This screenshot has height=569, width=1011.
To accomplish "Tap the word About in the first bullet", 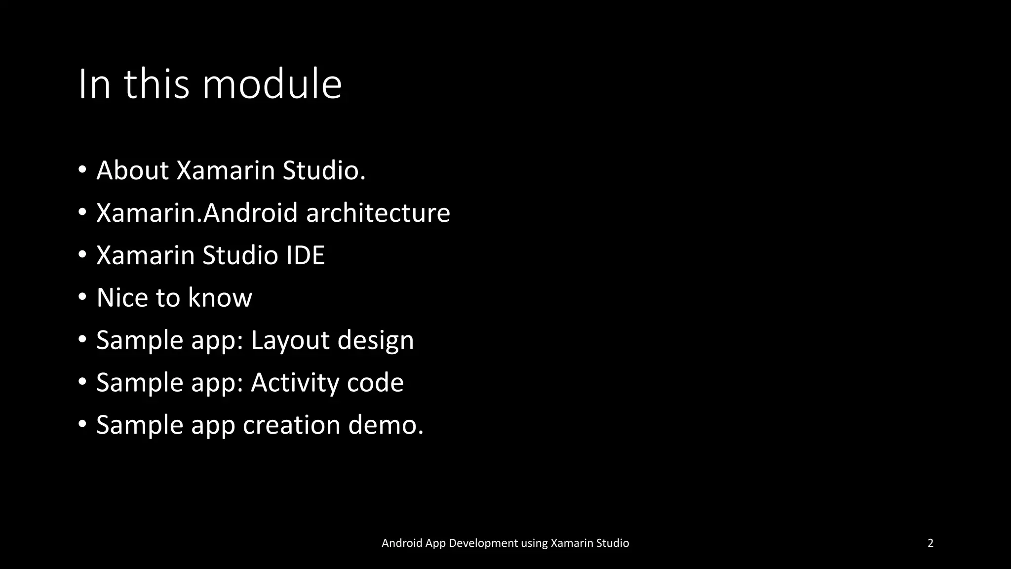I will [x=133, y=170].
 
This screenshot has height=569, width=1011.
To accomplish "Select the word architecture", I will [x=378, y=213].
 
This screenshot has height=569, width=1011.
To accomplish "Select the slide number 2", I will [x=931, y=543].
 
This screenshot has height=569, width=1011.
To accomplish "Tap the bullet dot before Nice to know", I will [x=82, y=297].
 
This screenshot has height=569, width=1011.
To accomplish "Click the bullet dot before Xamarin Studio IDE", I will [x=82, y=255].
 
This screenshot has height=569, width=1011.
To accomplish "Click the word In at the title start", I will [x=94, y=84].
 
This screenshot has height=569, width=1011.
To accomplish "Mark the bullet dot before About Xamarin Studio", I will [x=82, y=170].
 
